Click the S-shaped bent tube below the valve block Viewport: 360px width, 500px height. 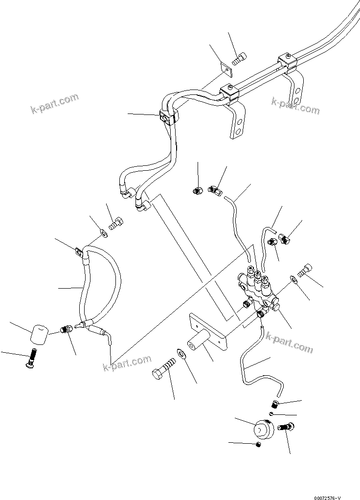coord(255,363)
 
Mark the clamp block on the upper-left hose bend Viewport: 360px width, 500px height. coord(167,117)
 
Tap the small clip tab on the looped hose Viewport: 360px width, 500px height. coord(79,253)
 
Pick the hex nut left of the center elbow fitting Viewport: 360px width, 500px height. coord(199,189)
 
